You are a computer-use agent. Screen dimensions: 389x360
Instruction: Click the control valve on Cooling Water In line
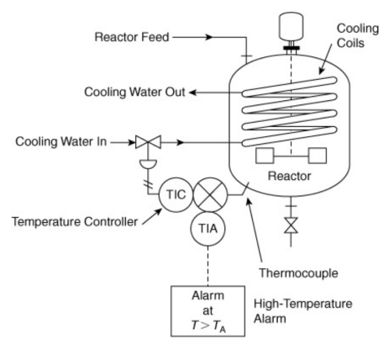(148, 142)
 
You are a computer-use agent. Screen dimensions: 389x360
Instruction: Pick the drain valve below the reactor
(291, 225)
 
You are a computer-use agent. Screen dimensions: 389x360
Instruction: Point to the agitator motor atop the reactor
(291, 27)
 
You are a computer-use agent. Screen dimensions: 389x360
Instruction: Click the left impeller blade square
(265, 156)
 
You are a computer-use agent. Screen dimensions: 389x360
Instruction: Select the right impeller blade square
(318, 156)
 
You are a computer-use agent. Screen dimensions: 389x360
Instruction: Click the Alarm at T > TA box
(208, 311)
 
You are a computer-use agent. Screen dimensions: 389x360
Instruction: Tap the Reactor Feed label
(132, 37)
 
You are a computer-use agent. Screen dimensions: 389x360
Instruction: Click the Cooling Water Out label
(134, 92)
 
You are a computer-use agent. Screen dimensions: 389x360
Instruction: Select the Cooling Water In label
(61, 141)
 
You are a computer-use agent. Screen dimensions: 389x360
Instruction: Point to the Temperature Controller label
(75, 221)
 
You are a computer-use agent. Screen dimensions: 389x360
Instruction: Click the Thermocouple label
(298, 273)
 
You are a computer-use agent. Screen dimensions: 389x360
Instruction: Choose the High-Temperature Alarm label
(302, 311)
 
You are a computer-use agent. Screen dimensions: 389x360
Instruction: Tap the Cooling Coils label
(358, 35)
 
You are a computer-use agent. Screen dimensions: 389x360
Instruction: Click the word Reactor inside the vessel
(289, 176)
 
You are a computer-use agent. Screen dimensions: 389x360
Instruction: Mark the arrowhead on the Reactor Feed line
(208, 37)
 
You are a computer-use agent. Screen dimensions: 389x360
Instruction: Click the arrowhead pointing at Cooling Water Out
(192, 93)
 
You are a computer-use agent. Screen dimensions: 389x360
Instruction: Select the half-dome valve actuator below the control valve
(148, 164)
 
